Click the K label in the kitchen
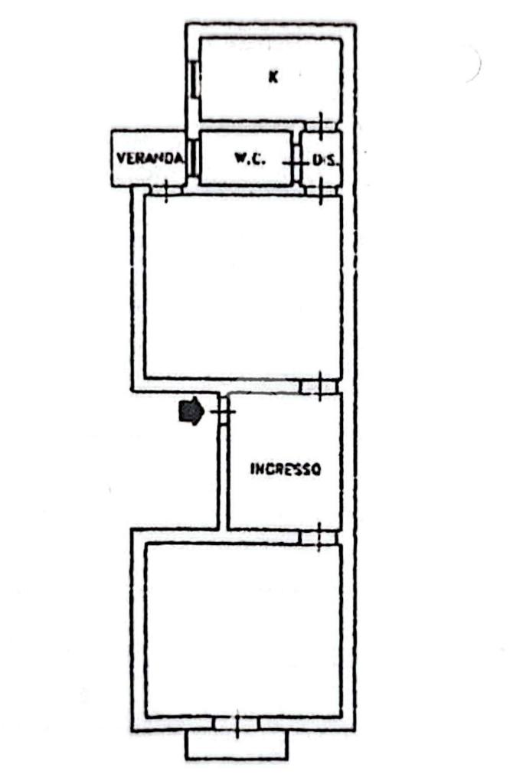[273, 77]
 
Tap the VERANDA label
[149, 158]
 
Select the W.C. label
[250, 159]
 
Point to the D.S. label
[325, 160]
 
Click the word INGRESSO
[286, 469]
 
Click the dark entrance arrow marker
[191, 411]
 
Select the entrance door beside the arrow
[223, 411]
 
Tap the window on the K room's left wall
[195, 78]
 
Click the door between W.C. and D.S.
[296, 162]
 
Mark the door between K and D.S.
[321, 124]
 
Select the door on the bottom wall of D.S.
[321, 190]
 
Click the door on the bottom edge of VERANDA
[166, 190]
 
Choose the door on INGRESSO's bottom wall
[319, 537]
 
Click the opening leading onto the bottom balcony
[237, 724]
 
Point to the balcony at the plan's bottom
[237, 746]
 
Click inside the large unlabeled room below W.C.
[243, 287]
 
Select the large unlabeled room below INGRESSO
[243, 630]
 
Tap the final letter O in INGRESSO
[316, 469]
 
